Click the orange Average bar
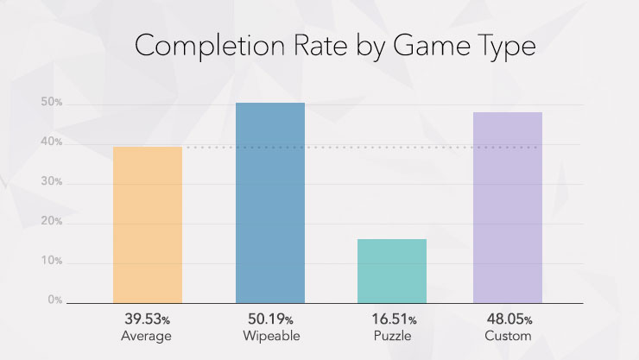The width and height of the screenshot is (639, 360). [148, 224]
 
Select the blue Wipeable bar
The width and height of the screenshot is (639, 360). [270, 203]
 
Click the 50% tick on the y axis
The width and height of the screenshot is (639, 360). [52, 103]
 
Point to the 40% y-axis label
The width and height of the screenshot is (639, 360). [52, 142]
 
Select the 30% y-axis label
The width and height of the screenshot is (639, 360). [52, 182]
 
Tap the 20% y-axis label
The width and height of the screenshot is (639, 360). [52, 222]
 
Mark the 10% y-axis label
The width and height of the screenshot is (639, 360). [52, 262]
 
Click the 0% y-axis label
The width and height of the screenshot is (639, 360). [54, 300]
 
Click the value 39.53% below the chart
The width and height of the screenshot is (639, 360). [148, 319]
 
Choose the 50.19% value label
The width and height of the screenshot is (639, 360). [270, 319]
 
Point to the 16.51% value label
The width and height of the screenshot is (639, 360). [392, 319]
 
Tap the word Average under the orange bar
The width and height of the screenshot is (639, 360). [148, 335]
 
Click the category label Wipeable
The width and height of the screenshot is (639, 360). [270, 335]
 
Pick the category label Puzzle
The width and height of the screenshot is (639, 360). [392, 335]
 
